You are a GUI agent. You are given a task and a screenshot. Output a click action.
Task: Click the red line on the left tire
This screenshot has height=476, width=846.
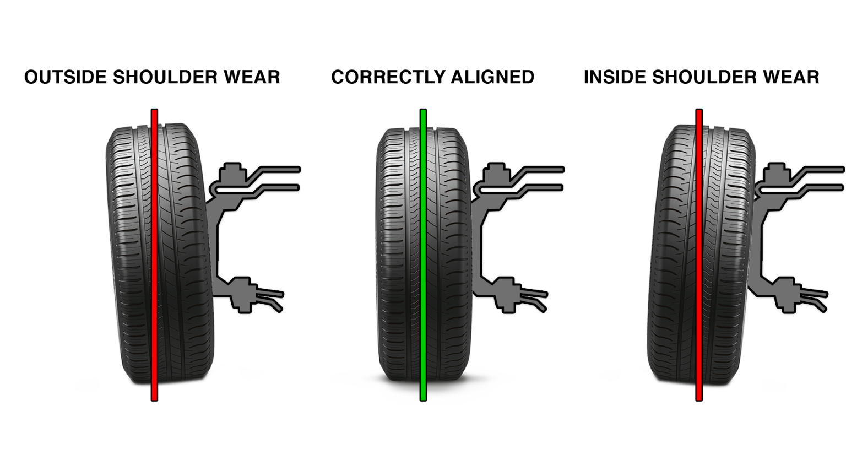155,253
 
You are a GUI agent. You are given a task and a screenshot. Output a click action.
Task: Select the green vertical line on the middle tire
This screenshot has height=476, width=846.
423,253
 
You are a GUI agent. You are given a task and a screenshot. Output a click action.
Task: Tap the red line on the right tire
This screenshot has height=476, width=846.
699,253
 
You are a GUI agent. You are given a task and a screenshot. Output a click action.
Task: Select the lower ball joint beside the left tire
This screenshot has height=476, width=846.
240,293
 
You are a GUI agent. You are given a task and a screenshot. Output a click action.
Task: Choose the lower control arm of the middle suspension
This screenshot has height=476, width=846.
532,297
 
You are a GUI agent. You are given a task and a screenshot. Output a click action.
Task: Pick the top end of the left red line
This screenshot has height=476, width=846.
155,112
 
